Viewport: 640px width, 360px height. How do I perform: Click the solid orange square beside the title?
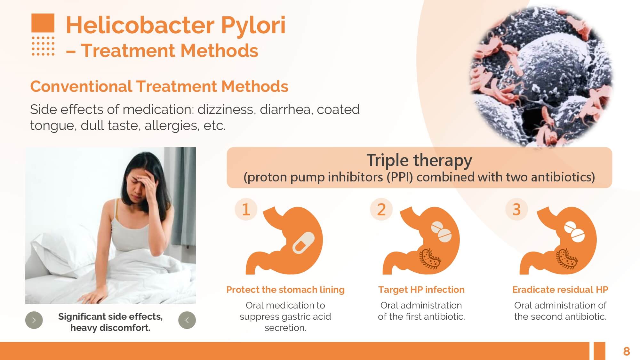(43, 23)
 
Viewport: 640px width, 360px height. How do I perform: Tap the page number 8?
(627, 351)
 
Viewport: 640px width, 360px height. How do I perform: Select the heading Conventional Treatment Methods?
(159, 86)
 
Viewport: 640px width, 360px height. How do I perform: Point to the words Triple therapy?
(419, 160)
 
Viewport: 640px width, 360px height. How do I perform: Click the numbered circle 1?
(246, 209)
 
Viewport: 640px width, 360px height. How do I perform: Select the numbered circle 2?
(381, 209)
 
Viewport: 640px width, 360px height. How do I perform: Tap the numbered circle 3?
(516, 209)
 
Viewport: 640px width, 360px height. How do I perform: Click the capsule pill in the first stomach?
(303, 243)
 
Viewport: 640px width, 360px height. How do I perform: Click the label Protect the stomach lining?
(285, 290)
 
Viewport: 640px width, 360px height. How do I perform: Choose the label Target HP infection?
(421, 290)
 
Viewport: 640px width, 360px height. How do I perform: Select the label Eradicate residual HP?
(560, 290)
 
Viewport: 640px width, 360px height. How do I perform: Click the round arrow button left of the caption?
(34, 320)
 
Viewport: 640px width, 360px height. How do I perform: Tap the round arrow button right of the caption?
(187, 320)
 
